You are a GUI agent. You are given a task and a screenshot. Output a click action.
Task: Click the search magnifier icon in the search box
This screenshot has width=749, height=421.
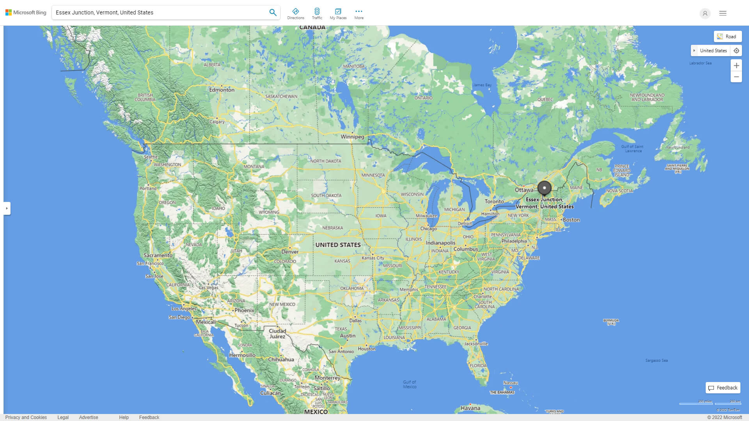tap(273, 12)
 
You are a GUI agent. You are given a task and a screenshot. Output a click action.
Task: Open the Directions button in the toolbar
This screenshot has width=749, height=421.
tap(295, 14)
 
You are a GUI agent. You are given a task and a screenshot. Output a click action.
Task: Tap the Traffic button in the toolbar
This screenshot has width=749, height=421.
tap(317, 14)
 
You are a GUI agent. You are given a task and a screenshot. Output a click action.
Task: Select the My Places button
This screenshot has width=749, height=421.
tap(338, 14)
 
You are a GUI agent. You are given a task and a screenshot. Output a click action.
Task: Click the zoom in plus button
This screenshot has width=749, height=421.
tap(736, 65)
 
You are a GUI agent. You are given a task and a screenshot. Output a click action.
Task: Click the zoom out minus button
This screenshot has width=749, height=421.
tap(736, 77)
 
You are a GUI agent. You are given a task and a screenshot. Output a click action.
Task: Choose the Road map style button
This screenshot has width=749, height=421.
tap(728, 37)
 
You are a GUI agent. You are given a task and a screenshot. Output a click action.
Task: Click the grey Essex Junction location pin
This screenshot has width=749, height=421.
tap(544, 188)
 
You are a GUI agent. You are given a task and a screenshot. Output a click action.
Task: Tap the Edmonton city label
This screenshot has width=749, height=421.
tap(222, 90)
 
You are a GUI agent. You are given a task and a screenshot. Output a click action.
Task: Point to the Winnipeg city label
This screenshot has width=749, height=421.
tap(352, 137)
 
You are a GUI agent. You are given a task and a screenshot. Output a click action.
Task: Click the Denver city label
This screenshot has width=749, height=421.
tap(290, 252)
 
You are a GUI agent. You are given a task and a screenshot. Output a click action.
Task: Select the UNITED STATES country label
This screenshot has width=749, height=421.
tap(338, 245)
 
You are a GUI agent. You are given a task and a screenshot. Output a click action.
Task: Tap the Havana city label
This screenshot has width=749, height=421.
tap(470, 408)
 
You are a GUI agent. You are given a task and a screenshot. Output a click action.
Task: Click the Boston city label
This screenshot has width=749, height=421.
tap(571, 220)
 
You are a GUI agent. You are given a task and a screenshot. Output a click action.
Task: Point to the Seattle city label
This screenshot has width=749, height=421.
tap(151, 157)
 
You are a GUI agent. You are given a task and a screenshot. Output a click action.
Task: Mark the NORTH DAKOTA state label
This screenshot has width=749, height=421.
tap(326, 161)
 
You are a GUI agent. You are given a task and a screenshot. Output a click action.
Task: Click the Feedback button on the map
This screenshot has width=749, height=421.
tap(723, 388)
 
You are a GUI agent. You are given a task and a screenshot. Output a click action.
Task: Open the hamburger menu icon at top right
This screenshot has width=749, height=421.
tap(723, 13)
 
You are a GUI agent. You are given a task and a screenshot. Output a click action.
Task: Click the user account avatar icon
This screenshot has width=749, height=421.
tap(705, 13)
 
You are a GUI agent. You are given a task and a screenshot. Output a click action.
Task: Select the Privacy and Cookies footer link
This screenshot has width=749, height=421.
tap(26, 417)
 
